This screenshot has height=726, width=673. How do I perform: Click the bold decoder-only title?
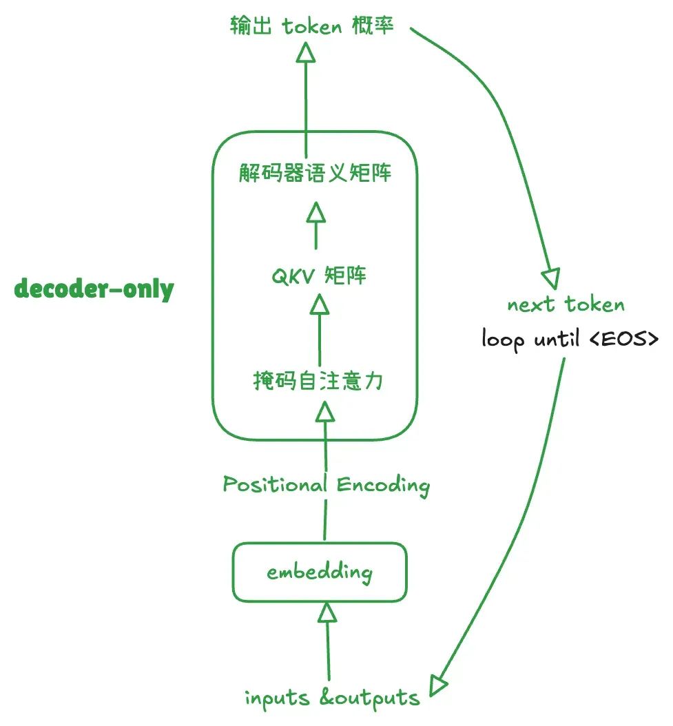(94, 289)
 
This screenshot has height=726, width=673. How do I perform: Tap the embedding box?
(319, 572)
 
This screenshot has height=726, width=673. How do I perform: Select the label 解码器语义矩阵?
(315, 173)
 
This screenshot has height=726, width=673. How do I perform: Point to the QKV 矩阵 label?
(318, 277)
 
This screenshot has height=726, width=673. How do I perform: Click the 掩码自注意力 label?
(318, 380)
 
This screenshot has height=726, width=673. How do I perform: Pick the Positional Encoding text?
(326, 485)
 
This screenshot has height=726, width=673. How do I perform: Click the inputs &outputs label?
(332, 698)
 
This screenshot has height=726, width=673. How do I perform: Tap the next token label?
(566, 305)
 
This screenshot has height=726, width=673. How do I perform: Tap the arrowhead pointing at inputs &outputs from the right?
(439, 685)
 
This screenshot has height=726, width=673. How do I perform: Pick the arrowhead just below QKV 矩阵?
(319, 303)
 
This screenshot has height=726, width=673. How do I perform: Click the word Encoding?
(382, 485)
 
